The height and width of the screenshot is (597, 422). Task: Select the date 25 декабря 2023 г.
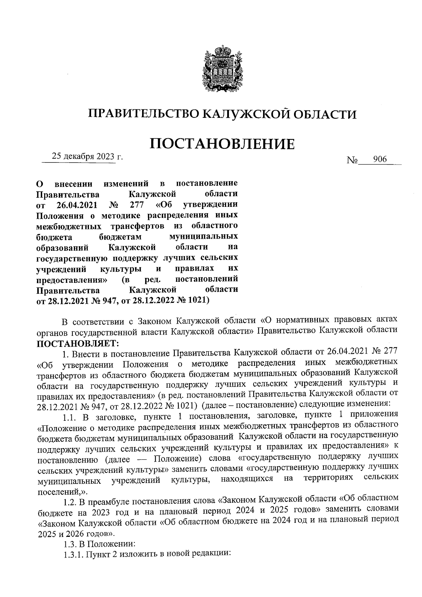(87, 157)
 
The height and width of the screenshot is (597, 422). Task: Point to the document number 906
(380, 160)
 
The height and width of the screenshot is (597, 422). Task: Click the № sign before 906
(352, 161)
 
